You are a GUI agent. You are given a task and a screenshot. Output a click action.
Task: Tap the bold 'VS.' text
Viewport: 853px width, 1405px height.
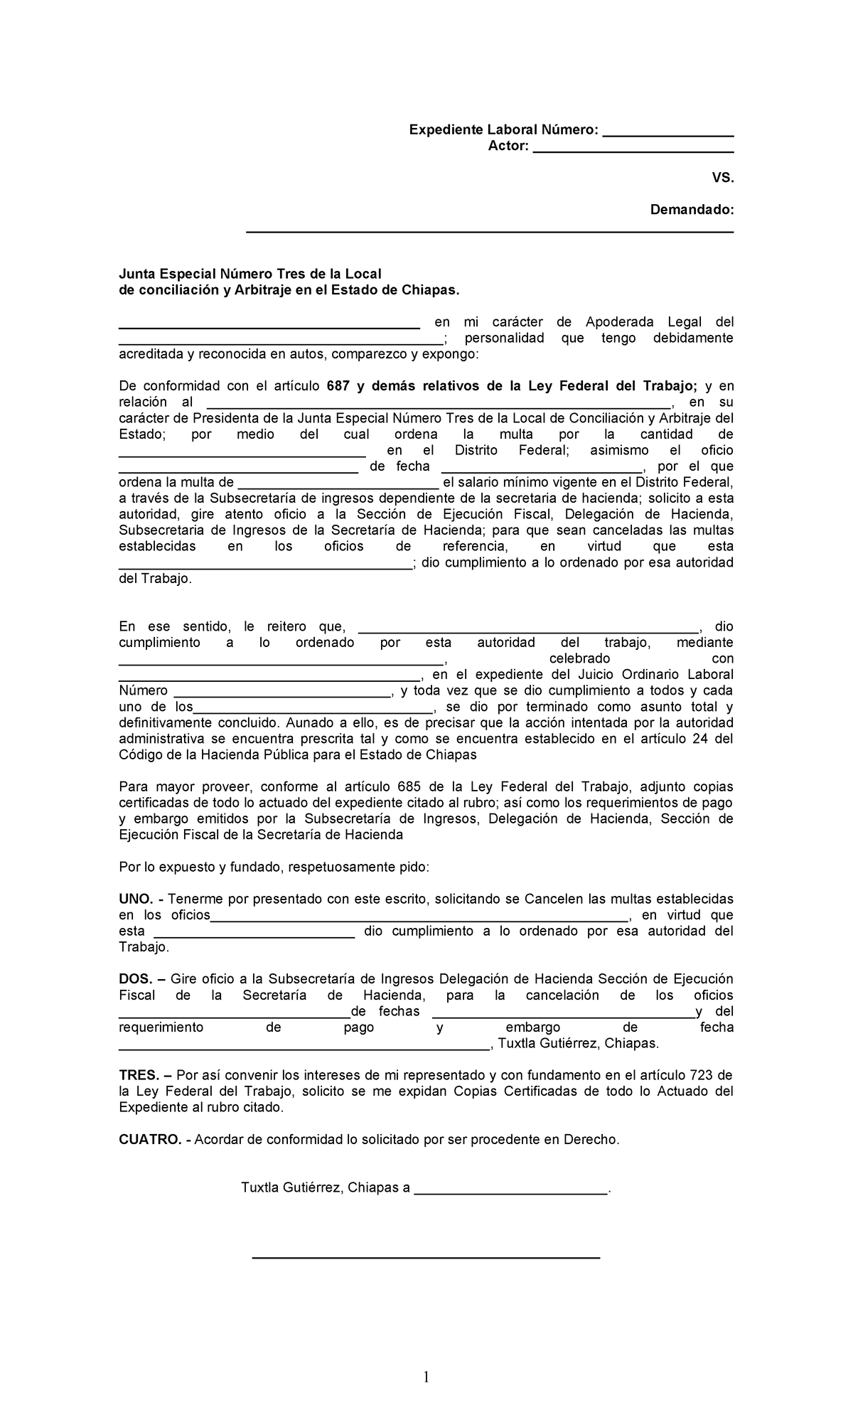pos(722,178)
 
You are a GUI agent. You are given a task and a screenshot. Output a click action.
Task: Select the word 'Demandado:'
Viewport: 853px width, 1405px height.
pos(692,210)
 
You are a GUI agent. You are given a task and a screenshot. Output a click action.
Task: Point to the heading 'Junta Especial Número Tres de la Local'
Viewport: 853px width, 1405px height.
pos(250,274)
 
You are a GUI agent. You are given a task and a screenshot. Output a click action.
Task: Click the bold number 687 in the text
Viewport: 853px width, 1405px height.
pos(337,386)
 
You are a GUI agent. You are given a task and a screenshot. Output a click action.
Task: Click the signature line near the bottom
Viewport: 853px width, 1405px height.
pos(426,1259)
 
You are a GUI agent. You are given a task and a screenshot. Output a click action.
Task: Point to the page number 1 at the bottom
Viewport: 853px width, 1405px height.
pos(426,1377)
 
